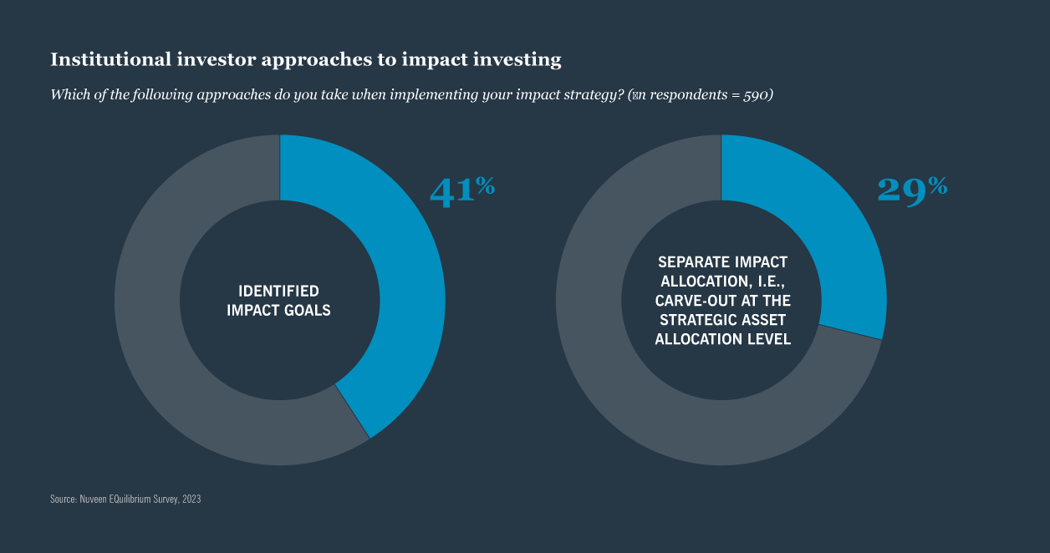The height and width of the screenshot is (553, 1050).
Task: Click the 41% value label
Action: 461,190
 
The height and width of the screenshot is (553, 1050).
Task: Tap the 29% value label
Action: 912,189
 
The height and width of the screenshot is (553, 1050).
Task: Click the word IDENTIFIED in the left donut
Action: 279,292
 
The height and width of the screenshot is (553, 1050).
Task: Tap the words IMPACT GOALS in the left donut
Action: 279,311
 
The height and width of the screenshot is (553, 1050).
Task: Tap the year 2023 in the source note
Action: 191,499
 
